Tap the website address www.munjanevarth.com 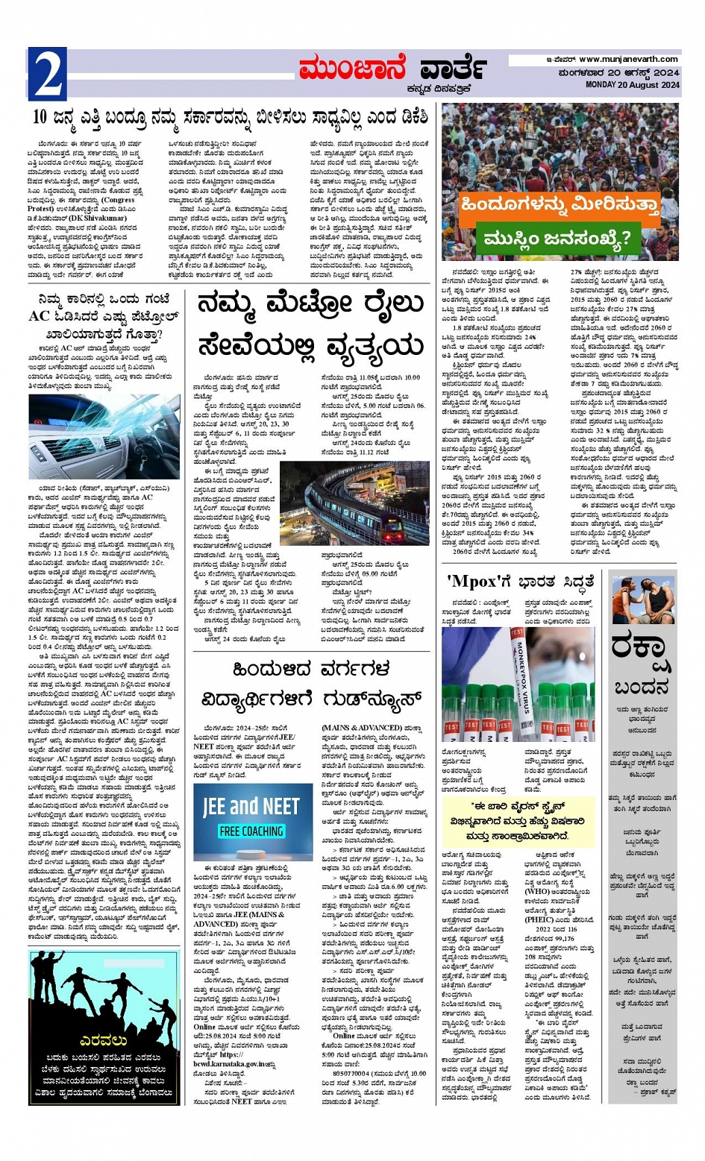pyautogui.click(x=628, y=60)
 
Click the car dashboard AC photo pyautogui.click(x=104, y=437)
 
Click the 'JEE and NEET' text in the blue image pyautogui.click(x=251, y=806)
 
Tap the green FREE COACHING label pyautogui.click(x=251, y=831)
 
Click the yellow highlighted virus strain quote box pyautogui.click(x=518, y=821)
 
